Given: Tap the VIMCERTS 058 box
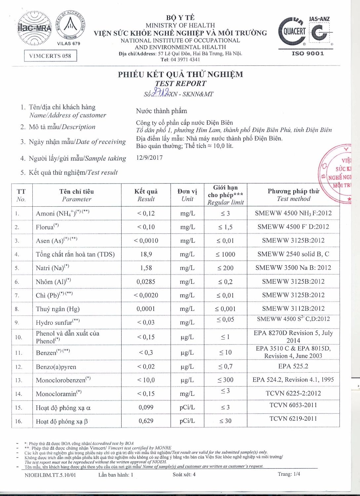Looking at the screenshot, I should (50, 56).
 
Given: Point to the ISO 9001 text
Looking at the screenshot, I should (308, 54).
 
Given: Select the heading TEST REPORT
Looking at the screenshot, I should (180, 84).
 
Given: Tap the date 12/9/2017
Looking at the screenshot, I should (149, 158).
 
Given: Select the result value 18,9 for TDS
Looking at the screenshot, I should (146, 254).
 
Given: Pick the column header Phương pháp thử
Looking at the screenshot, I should (294, 191).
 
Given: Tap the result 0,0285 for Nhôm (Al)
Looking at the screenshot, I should (146, 282).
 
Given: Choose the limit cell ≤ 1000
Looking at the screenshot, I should (225, 254).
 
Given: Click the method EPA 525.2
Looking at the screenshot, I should (293, 366).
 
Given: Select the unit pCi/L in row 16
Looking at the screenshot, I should (187, 421).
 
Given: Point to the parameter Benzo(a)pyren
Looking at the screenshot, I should (56, 367).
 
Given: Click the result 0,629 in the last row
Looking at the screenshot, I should (146, 421).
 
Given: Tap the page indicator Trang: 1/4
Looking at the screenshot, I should (289, 474).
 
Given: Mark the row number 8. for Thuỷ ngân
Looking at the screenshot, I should (17, 309).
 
